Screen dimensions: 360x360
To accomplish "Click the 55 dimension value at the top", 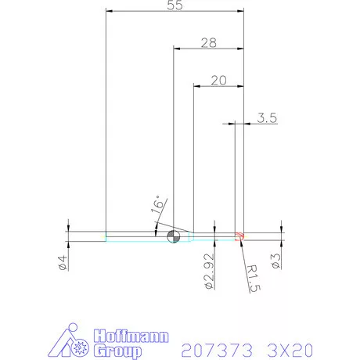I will pos(175,5).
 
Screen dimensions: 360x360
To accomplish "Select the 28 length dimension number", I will pos(208,43).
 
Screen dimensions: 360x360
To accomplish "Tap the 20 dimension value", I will pos(218,80).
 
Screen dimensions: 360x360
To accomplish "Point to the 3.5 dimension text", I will pos(266,118).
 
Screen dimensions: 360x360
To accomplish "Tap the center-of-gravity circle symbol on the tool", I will pos(174,237).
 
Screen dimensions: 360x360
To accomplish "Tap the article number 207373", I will pos(211,348).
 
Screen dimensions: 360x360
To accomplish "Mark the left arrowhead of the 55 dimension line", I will pos(109,12).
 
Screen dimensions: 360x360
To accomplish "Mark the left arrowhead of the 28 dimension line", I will pos(176,49).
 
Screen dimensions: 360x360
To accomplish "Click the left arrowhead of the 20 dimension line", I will pos(196,85).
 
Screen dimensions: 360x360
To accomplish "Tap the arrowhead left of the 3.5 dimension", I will pos(232,123).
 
